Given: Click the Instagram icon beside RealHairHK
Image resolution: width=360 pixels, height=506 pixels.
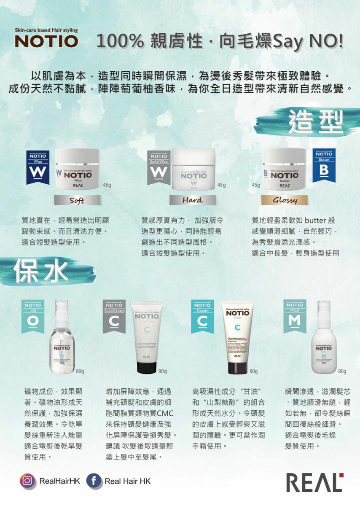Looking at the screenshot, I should (x=27, y=481).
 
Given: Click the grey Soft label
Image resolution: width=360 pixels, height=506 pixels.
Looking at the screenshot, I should (x=77, y=200).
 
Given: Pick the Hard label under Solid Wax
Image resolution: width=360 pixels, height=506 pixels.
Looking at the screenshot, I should (x=192, y=200).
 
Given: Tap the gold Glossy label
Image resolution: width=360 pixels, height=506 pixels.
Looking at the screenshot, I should (x=284, y=200).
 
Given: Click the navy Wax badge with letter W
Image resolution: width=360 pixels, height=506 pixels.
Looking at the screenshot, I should (x=38, y=167).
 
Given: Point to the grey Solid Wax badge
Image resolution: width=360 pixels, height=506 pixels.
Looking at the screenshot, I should (x=159, y=167).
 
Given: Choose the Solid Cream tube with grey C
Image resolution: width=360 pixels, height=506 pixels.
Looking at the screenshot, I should (x=147, y=337).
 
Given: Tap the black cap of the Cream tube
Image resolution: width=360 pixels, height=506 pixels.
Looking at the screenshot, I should (x=237, y=366).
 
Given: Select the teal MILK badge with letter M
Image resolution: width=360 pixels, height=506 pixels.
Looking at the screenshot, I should (x=295, y=316).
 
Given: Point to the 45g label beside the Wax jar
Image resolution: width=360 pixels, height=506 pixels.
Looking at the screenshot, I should (x=107, y=185).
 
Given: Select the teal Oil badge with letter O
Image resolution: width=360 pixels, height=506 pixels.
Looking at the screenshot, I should (x=33, y=316).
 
